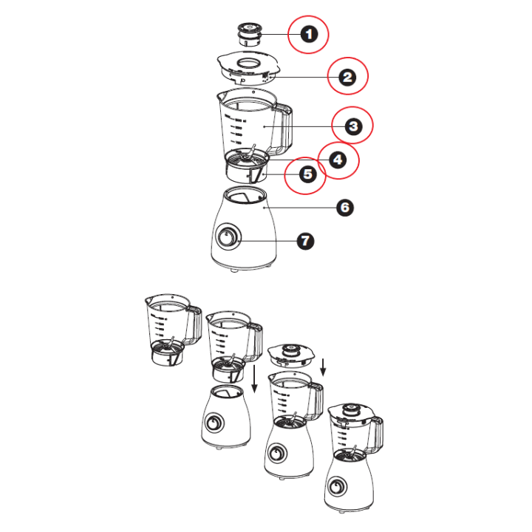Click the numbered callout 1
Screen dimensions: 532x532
tap(309, 34)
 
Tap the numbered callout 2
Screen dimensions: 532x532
tap(347, 77)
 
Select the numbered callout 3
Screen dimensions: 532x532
tap(353, 126)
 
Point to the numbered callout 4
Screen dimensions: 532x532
tap(338, 160)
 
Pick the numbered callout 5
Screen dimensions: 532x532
tap(307, 174)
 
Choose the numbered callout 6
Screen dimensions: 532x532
tap(345, 208)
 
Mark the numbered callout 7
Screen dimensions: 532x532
tap(305, 241)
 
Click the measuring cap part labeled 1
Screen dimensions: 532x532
tap(250, 35)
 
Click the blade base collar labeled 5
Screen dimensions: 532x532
tap(246, 173)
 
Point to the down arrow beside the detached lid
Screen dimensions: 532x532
tap(323, 367)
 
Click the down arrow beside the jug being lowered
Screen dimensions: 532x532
tap(254, 378)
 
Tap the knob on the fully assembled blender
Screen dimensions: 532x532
tap(338, 487)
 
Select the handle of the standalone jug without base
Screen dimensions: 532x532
tap(194, 324)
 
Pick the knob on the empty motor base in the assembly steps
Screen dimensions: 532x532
tap(214, 423)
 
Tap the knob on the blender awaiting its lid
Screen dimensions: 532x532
tap(277, 453)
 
